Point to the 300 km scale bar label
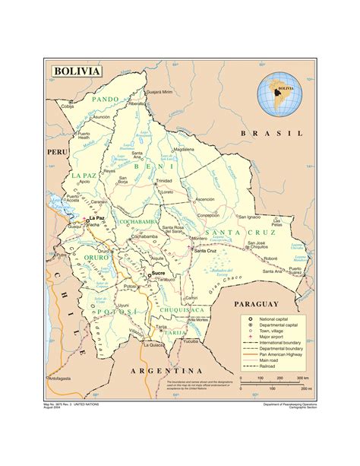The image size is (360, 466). [302, 377]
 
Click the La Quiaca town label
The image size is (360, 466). [156, 344]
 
